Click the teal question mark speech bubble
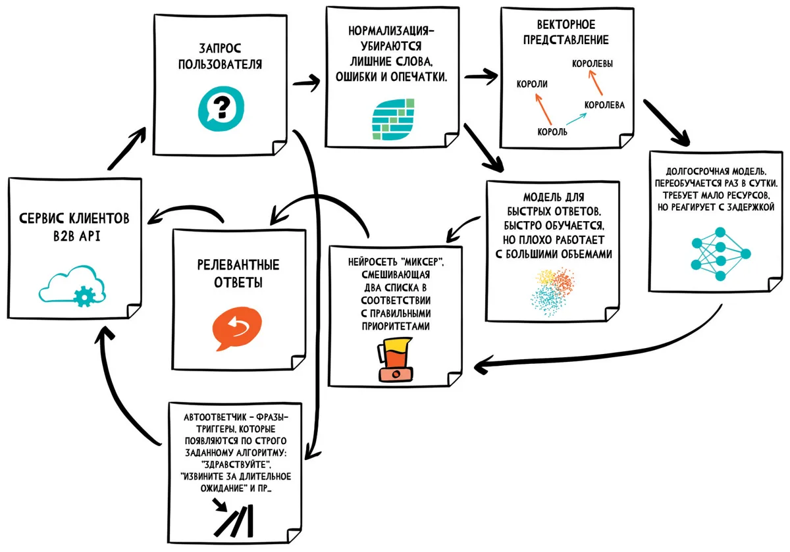click(221, 109)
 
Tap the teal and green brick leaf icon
click(393, 120)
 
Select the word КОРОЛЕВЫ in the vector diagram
click(592, 64)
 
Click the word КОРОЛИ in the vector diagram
click(532, 84)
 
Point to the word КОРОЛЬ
click(552, 132)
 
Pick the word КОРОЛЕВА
click(604, 105)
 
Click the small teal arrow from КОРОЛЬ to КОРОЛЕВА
click(577, 119)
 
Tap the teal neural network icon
click(720, 254)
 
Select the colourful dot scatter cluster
click(552, 292)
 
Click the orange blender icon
click(395, 360)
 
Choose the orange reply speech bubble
click(237, 328)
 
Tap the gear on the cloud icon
click(84, 297)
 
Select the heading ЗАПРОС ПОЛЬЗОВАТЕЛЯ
click(220, 57)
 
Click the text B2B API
click(77, 236)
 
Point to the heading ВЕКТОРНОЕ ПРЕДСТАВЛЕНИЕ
click(566, 32)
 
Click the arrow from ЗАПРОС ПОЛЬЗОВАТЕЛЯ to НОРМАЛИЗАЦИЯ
click(306, 82)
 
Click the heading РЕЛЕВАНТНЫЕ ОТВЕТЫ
click(238, 274)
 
